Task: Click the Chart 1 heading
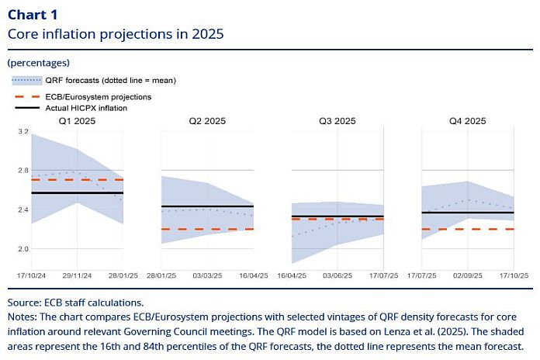tap(32, 15)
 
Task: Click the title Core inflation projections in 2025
tap(115, 34)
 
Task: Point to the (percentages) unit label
tap(38, 63)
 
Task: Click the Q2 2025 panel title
tap(206, 121)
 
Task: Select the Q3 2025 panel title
tap(337, 121)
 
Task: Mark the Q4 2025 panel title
tap(467, 121)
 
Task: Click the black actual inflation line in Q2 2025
tap(207, 206)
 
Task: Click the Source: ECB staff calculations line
tap(75, 303)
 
